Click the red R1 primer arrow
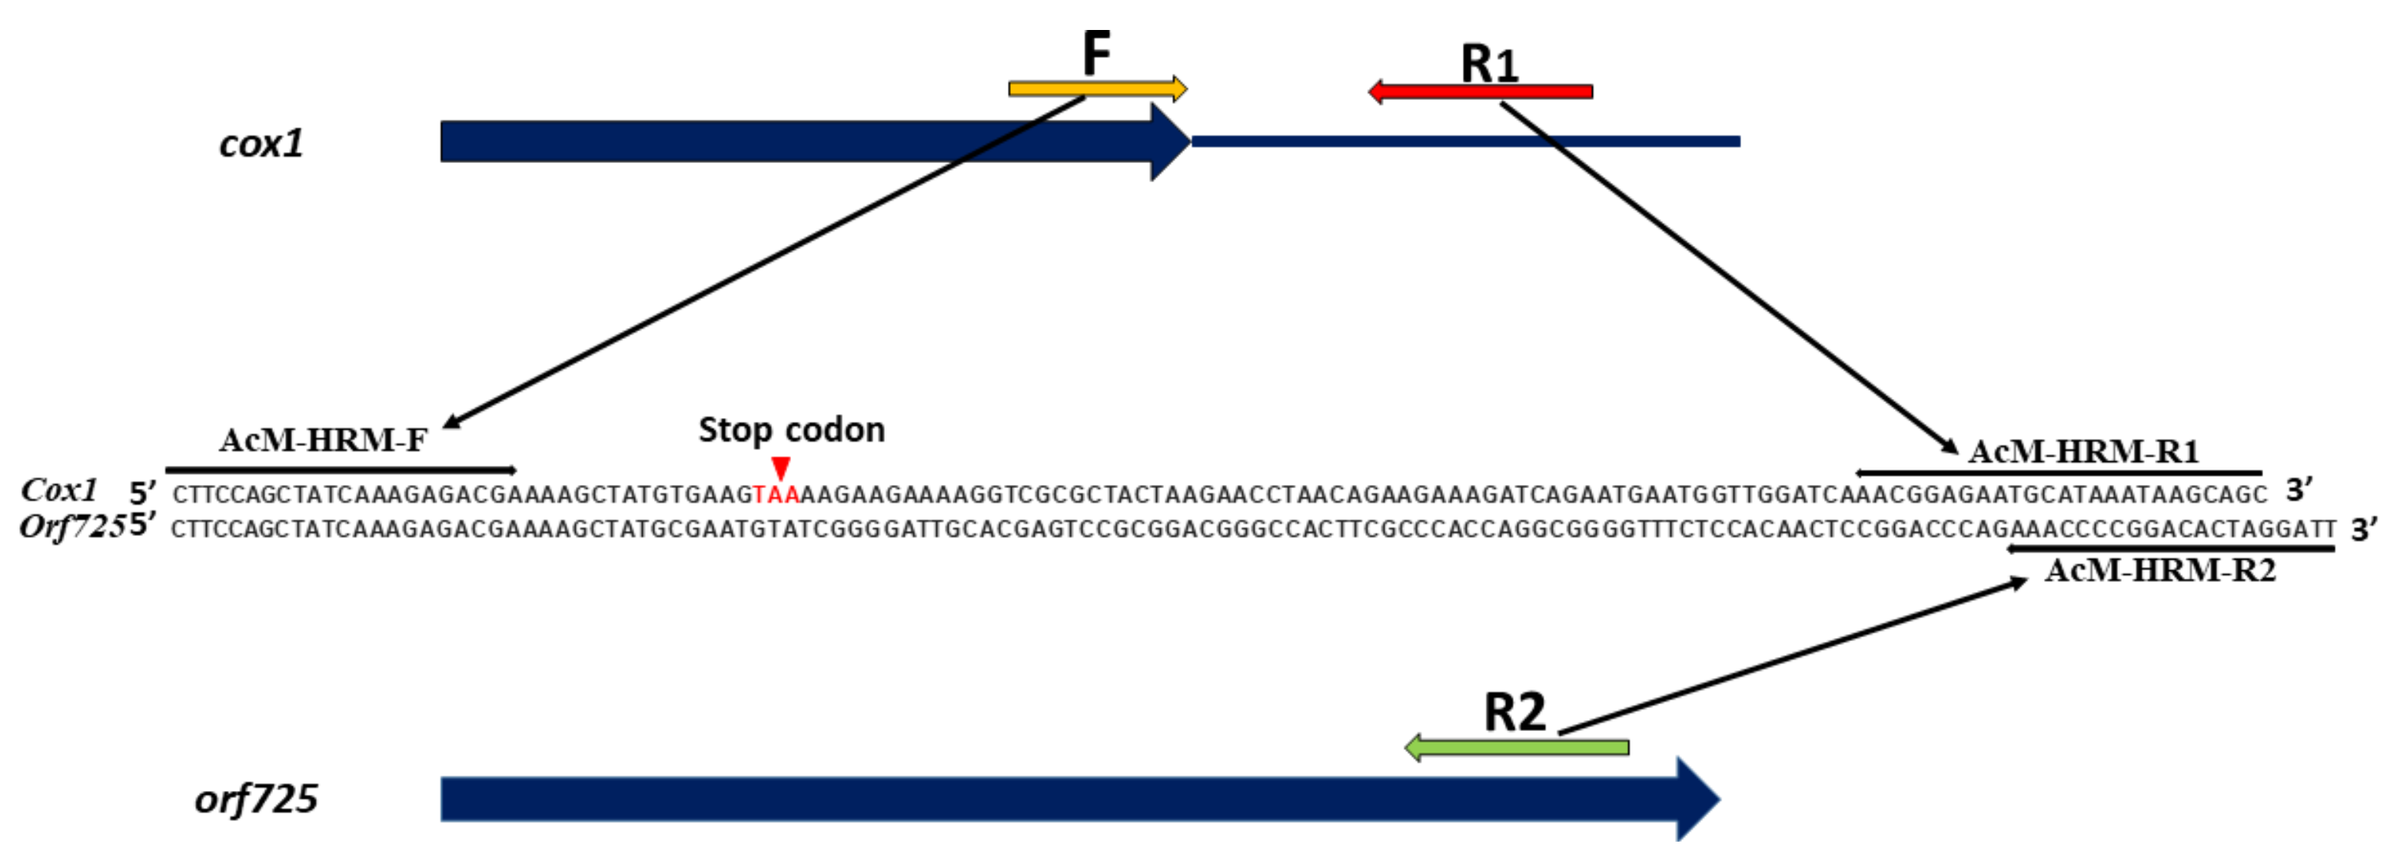coord(1481,91)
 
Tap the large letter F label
coord(1096,52)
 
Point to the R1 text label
coord(1489,63)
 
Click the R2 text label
coord(1514,713)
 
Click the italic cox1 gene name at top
coord(261,144)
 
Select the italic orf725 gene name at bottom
coord(256,799)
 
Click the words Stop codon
coord(791,430)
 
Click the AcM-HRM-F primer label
coord(324,440)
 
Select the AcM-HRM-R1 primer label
coord(2083,451)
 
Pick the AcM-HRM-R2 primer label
coord(2159,570)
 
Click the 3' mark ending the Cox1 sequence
coord(2299,490)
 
